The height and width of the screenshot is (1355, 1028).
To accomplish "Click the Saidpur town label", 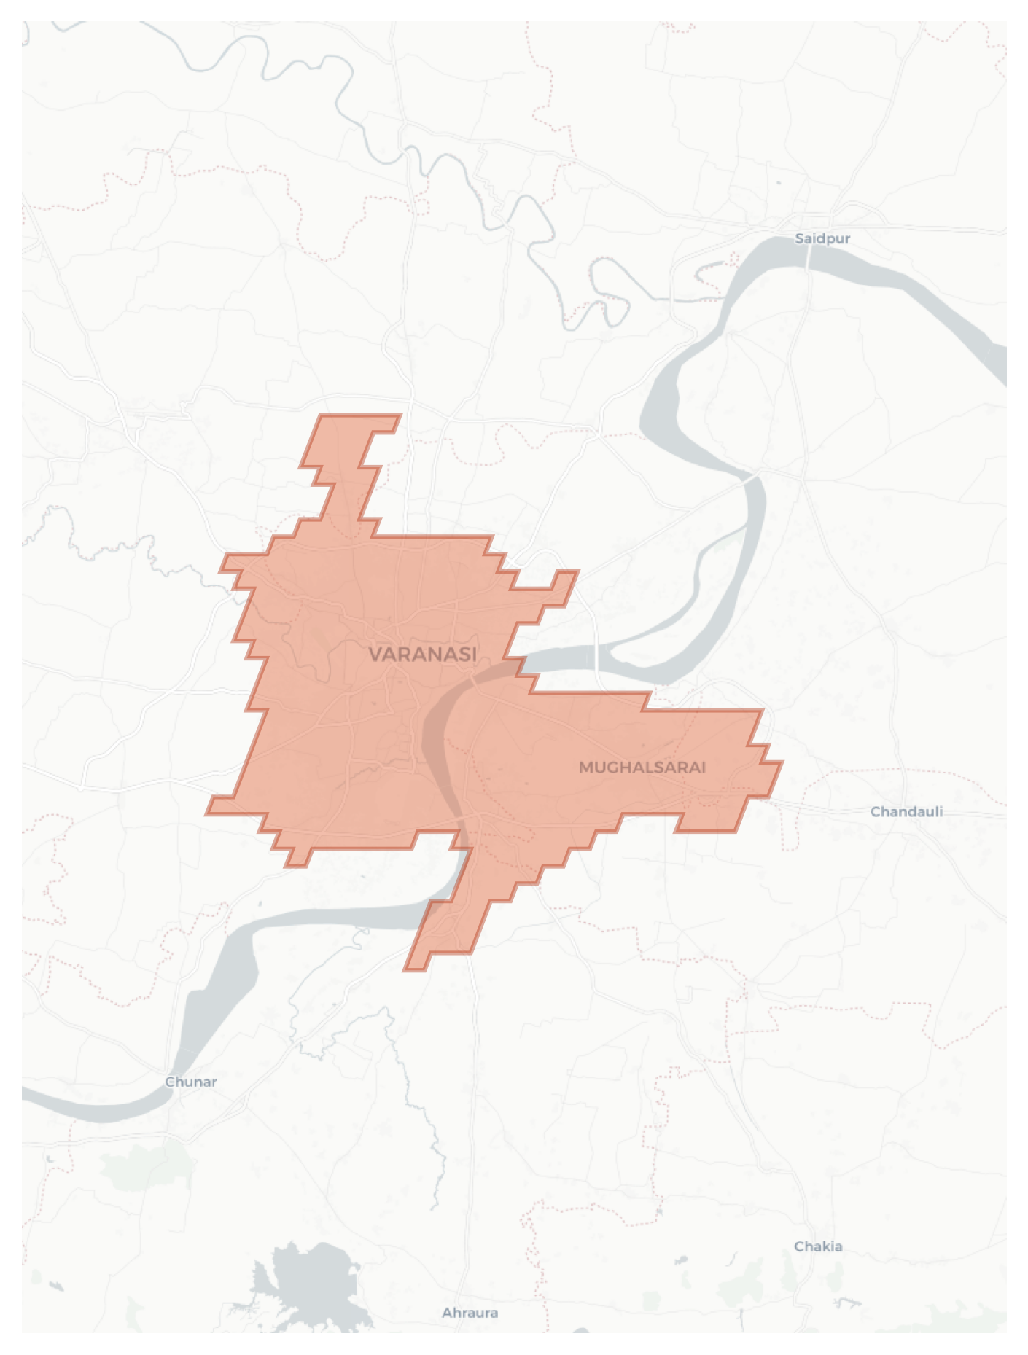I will point(822,238).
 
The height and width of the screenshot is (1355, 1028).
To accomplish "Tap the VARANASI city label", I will point(423,654).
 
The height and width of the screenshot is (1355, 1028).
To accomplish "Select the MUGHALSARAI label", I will point(642,767).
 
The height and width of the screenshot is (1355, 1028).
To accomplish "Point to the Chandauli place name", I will point(906,811).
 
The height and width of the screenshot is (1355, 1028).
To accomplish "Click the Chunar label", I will point(191,1082).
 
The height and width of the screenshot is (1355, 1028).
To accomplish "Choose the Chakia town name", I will point(818,1246).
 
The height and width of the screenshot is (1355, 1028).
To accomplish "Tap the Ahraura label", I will point(470,1313).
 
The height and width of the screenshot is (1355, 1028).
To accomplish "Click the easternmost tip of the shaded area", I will point(779,764).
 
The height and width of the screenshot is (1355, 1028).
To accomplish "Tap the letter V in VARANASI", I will point(375,654).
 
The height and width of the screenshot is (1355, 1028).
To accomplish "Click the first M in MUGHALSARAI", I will point(585,768).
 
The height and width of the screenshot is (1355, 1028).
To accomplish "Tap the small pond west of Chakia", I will point(681,1260).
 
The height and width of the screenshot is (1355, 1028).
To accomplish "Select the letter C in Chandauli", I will point(876,811).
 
